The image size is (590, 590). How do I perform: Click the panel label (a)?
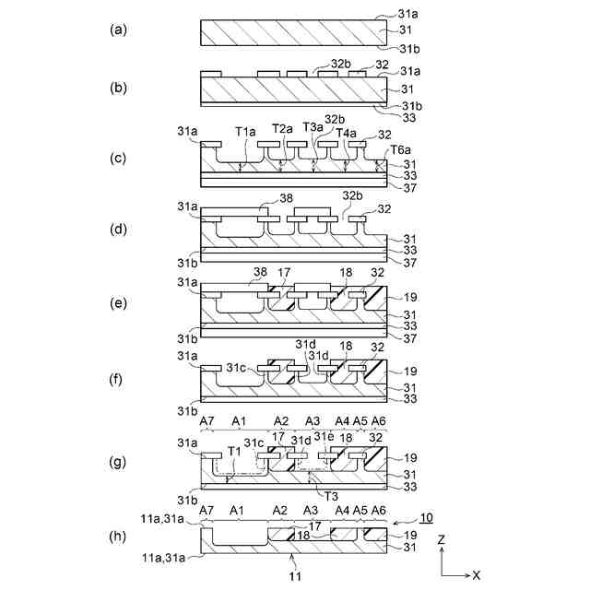[x=117, y=29]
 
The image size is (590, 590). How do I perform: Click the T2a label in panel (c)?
[x=283, y=128]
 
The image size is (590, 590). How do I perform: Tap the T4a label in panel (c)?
[x=347, y=133]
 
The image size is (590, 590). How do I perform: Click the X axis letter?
[x=476, y=574]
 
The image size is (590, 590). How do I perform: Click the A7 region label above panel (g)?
[x=207, y=420]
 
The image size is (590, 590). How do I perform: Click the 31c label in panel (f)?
[x=237, y=369]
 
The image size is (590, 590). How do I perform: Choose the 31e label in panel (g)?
[x=323, y=437]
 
